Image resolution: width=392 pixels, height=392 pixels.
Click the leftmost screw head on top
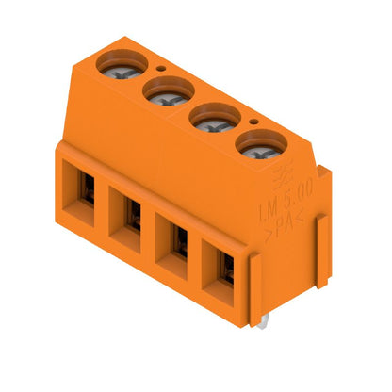point(124,64)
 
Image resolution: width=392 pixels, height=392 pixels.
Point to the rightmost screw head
point(255,147)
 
